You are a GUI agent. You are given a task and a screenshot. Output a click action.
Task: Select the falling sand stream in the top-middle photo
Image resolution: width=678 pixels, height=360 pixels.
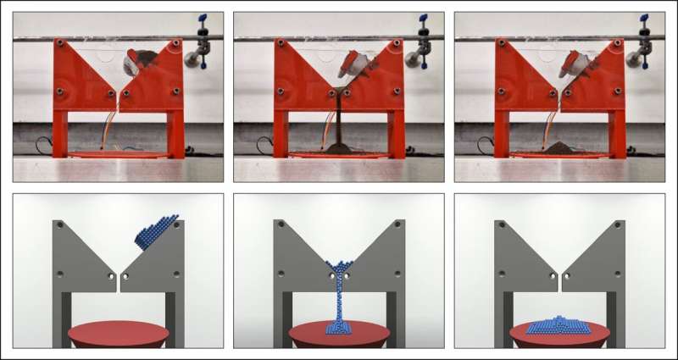click(x=337, y=119)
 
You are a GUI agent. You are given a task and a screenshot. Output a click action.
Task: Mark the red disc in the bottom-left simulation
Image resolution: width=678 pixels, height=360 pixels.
click(x=118, y=334)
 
